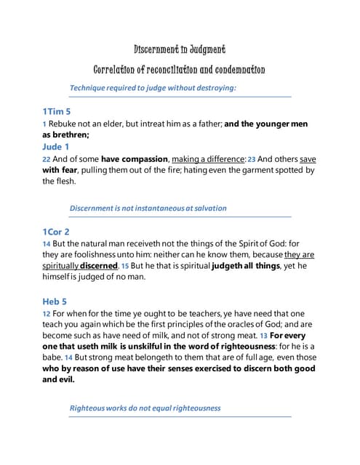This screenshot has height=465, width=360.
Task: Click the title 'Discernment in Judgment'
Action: pos(180,49)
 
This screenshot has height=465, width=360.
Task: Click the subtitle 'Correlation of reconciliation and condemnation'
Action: pos(180,70)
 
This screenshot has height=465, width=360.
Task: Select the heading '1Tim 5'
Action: pos(57,112)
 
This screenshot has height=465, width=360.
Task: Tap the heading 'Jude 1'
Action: pos(56,146)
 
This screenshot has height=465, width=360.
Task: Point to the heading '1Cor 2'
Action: pos(56,231)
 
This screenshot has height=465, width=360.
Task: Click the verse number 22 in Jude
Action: pos(46,159)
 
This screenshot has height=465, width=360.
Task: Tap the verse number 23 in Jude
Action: pos(252,159)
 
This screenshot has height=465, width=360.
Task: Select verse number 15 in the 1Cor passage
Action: pos(124,267)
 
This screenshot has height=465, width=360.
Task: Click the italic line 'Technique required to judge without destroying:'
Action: pos(153,88)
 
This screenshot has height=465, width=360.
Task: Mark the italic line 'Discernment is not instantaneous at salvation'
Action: pos(148,208)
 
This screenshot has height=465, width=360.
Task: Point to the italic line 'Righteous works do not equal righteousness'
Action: pos(145,408)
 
